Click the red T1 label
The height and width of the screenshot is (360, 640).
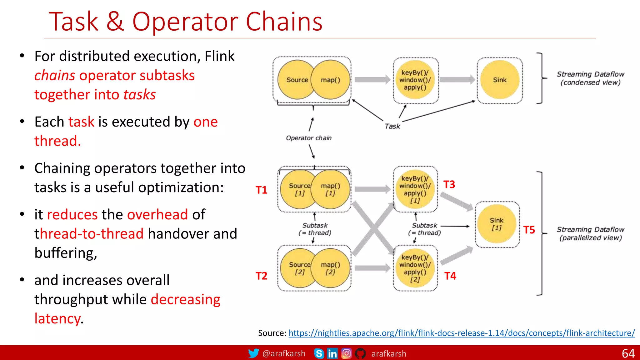click(261, 190)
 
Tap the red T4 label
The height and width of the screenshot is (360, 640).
click(450, 276)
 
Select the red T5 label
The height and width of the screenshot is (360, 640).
click(529, 230)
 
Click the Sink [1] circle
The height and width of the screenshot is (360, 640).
click(497, 224)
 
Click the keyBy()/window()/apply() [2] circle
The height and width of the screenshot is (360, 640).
click(415, 268)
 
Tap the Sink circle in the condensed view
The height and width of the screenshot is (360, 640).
click(500, 80)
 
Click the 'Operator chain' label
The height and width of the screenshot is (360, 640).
click(308, 138)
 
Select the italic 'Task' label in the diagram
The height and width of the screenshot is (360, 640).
click(392, 126)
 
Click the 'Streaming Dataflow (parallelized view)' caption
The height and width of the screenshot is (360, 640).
click(590, 233)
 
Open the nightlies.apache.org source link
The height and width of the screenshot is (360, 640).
click(462, 333)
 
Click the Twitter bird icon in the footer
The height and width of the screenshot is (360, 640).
click(253, 353)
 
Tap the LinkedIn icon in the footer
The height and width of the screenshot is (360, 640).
click(332, 353)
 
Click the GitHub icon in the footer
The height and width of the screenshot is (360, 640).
click(360, 353)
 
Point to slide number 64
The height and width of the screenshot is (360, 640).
click(628, 353)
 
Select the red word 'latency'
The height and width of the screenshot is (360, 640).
click(57, 319)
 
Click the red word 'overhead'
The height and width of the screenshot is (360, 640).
click(157, 215)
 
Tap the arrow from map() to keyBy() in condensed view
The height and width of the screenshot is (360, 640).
click(372, 80)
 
